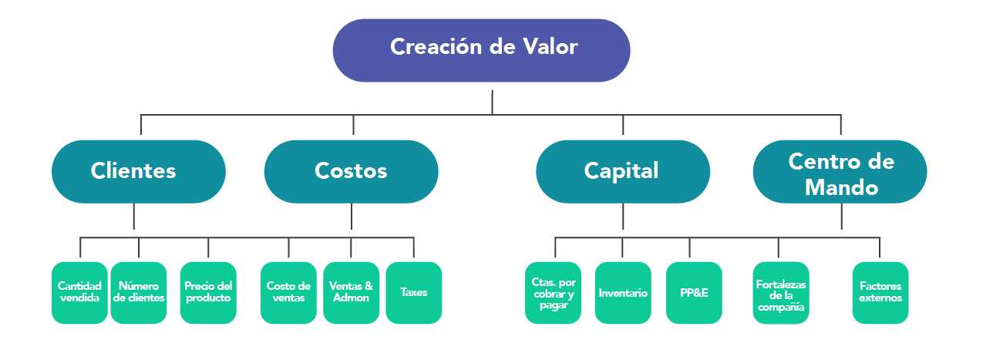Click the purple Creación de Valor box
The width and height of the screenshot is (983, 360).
point(481,50)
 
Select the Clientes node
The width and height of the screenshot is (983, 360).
point(139,171)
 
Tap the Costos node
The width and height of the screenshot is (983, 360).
point(351,171)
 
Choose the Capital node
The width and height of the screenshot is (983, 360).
point(622,171)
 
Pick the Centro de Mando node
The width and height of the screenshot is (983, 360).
point(840,171)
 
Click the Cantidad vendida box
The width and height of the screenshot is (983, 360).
point(79,292)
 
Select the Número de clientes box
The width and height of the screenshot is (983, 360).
point(139,292)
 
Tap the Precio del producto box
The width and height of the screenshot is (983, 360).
point(208,292)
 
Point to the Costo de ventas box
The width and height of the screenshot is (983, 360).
point(288,292)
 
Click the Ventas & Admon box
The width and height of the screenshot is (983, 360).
point(351,292)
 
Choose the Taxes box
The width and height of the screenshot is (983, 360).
point(413,292)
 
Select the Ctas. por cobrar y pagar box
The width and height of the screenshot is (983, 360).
point(553,292)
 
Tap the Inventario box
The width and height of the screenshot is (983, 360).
point(623,292)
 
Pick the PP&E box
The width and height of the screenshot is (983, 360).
point(694,292)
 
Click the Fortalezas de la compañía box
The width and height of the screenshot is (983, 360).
point(781,292)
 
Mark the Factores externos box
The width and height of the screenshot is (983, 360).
point(880,292)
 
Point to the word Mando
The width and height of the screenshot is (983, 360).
point(841,187)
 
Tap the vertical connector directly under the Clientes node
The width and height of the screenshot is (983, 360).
point(134,216)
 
